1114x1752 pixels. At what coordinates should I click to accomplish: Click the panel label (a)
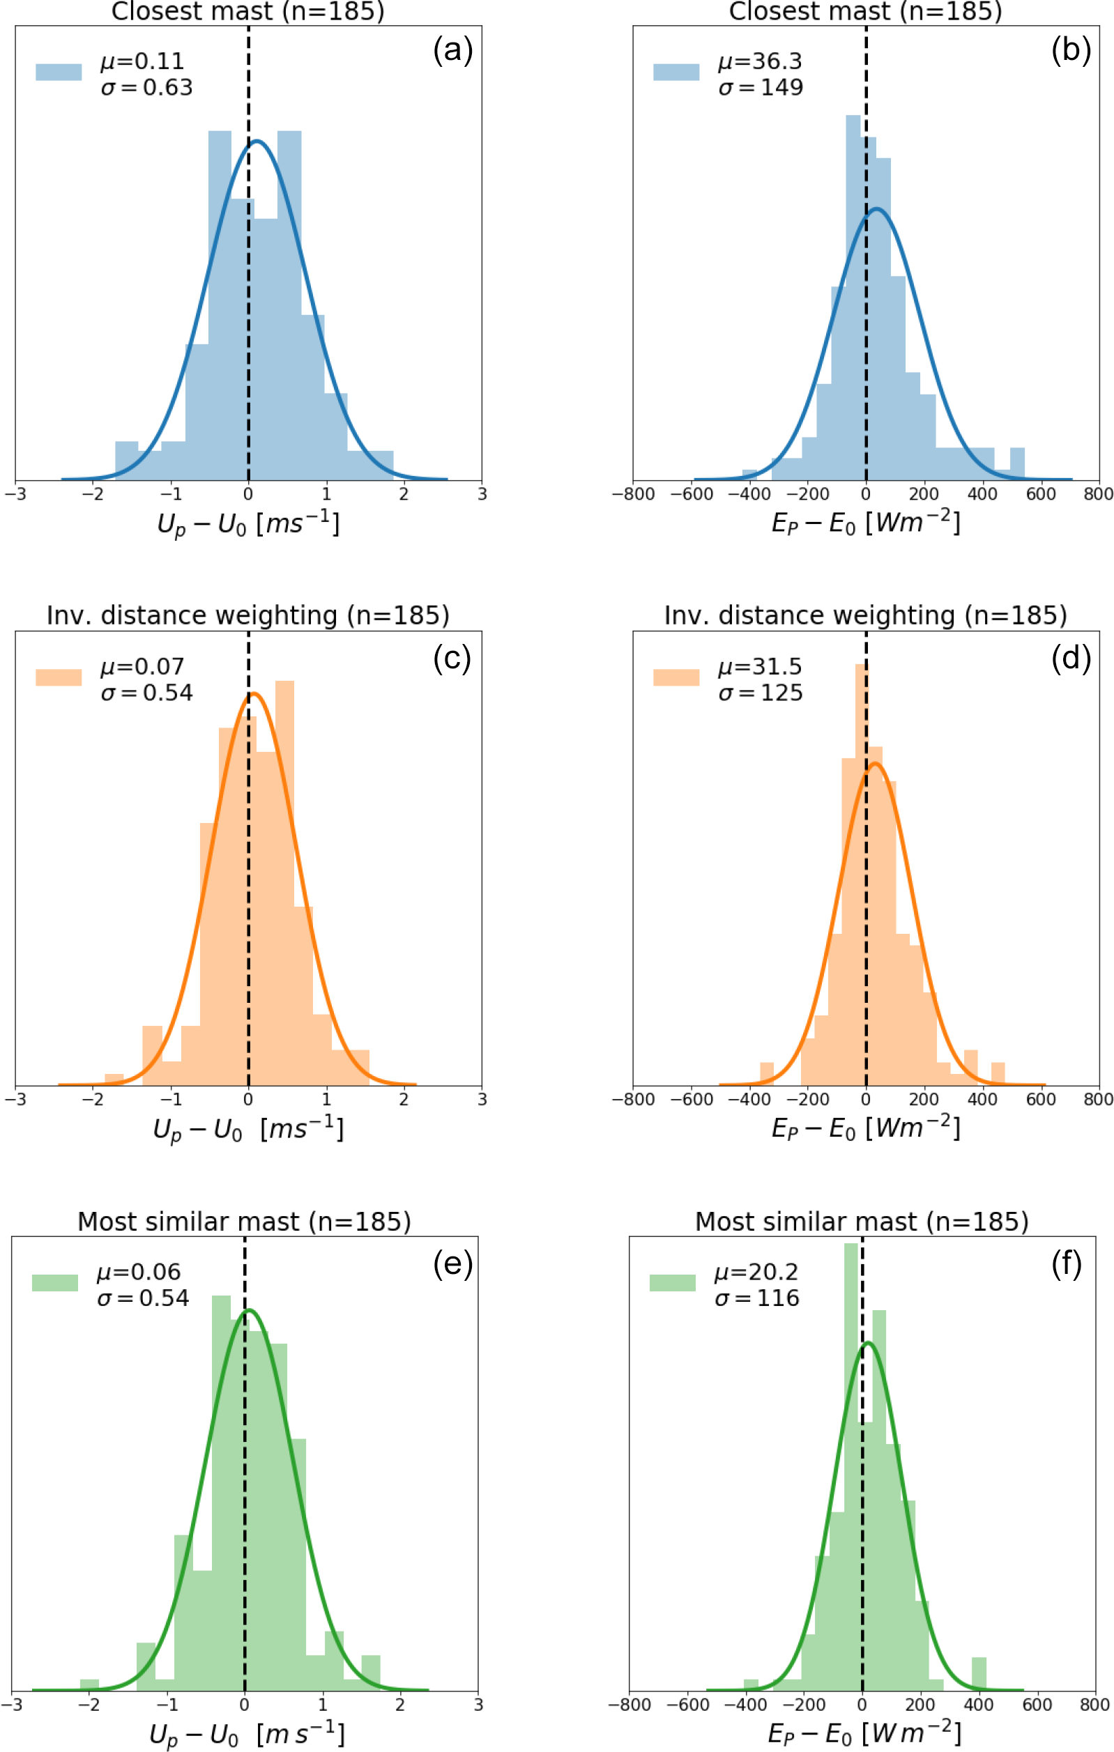(452, 50)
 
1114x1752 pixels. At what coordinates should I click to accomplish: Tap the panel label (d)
(1070, 658)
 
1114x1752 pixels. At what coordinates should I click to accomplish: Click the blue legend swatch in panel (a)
(59, 72)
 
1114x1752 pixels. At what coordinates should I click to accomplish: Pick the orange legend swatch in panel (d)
(676, 677)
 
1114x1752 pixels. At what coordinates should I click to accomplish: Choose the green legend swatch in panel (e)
(54, 1283)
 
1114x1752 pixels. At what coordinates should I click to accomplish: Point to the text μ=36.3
(760, 61)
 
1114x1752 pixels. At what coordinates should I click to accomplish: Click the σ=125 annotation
(761, 693)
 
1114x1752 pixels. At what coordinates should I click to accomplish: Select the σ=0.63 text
(146, 87)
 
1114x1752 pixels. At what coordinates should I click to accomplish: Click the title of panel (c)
(247, 615)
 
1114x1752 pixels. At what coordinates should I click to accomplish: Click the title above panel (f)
(862, 1221)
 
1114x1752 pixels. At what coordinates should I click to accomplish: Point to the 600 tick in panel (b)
(1040, 494)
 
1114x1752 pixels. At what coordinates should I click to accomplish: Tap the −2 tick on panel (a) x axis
(93, 494)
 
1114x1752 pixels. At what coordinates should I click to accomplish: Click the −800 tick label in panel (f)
(630, 1705)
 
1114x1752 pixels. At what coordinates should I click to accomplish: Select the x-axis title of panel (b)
(865, 523)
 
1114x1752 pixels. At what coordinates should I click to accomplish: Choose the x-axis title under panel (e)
(246, 1735)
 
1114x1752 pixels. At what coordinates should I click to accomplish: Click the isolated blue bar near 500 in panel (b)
(1017, 463)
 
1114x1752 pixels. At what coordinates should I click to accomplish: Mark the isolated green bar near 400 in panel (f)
(979, 1673)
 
